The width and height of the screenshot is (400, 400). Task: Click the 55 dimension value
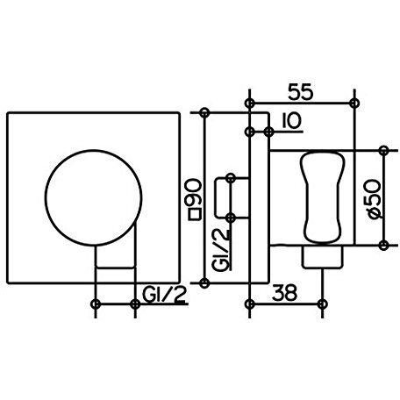pyautogui.click(x=301, y=91)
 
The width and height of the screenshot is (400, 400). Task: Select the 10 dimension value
pyautogui.click(x=291, y=121)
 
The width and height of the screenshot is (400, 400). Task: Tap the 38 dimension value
pyautogui.click(x=284, y=293)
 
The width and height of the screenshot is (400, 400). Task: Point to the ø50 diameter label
pyautogui.click(x=374, y=199)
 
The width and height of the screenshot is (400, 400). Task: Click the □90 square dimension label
pyautogui.click(x=195, y=199)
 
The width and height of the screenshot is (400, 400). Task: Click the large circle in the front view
pyautogui.click(x=94, y=198)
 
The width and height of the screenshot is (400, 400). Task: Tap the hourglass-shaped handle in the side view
pyautogui.click(x=323, y=197)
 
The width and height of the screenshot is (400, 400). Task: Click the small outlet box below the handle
pyautogui.click(x=323, y=257)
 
